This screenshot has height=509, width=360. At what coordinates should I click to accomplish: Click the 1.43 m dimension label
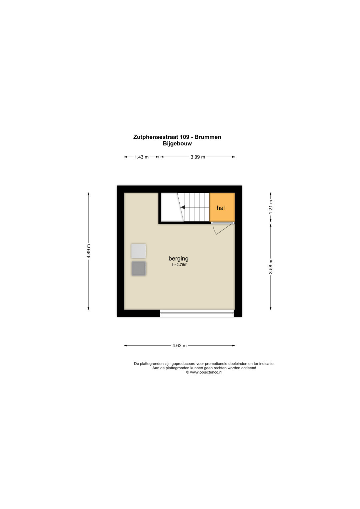coord(141,157)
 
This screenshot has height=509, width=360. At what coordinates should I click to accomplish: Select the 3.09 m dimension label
coord(198,157)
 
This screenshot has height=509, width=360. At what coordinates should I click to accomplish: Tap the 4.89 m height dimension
coord(88,251)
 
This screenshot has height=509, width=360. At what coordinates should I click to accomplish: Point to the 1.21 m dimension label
coord(270,207)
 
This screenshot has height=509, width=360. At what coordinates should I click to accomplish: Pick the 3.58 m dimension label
coord(270,267)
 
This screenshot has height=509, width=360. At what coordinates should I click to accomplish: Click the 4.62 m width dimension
coord(179,346)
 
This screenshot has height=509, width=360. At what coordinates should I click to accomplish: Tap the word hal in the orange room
coord(221,208)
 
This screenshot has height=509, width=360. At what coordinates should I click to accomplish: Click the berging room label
coord(178,259)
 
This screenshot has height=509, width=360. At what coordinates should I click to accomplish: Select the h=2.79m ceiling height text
coord(180,264)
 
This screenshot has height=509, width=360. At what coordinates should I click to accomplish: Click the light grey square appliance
coord(138,251)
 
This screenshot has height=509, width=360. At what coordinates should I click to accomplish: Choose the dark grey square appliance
coord(138,268)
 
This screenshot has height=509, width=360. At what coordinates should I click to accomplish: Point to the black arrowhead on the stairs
coord(183,207)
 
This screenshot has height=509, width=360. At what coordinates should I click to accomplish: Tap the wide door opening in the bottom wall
coord(197,313)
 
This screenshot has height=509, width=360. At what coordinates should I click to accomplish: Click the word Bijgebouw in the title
coord(177,144)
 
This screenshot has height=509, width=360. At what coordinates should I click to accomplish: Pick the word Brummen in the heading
coord(208,137)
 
